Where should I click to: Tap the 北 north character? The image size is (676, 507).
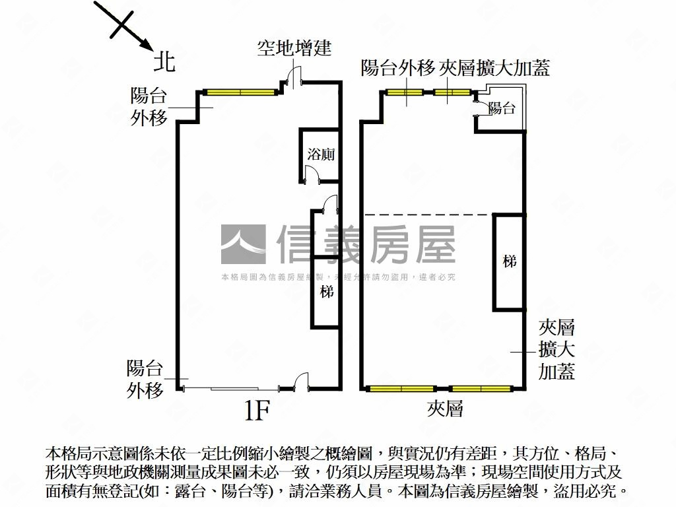coord(164,61)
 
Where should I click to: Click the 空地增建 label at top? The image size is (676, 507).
coord(294,48)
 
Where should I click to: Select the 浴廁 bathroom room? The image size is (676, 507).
coord(321,155)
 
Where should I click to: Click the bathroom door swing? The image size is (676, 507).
coord(312,175)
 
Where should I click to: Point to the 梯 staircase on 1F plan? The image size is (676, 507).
coord(327,291)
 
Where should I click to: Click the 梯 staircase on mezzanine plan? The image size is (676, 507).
coord(509,261)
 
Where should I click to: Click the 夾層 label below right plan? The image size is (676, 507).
coord(444,409)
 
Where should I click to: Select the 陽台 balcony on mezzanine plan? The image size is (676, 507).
coord(502,109)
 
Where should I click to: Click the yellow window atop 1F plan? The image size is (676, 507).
coord(240,92)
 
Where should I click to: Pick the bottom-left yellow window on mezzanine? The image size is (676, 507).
coord(401,388)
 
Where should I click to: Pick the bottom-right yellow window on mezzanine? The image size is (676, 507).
coord(481,388)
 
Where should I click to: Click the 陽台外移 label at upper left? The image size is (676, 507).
coord(149,107)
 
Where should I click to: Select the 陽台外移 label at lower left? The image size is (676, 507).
coord(145,379)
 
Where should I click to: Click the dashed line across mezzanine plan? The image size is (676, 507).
coord(429,215)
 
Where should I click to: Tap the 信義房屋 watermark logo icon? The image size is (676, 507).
coord(244,245)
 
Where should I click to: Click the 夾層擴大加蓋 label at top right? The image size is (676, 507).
coord(494,68)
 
